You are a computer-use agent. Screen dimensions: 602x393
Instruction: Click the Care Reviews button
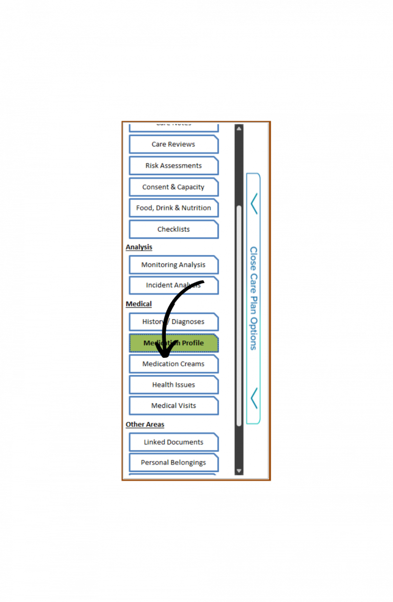(x=173, y=145)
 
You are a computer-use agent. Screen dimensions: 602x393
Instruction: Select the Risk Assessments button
(x=173, y=166)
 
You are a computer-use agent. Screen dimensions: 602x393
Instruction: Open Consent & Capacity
(x=173, y=187)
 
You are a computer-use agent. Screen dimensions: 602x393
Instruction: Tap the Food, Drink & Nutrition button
(x=173, y=208)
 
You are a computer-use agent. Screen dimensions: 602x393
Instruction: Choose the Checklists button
(x=173, y=229)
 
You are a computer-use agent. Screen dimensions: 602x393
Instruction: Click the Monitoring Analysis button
(x=173, y=265)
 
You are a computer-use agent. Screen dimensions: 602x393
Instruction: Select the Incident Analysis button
(x=173, y=285)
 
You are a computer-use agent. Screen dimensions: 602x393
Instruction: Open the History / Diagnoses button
(x=173, y=322)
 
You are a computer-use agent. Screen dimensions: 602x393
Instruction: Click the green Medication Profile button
(x=173, y=343)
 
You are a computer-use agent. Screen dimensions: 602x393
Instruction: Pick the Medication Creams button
(x=173, y=364)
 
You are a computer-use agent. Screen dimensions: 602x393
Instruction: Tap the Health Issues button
(x=173, y=385)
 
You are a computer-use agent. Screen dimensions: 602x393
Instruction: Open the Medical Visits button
(x=173, y=406)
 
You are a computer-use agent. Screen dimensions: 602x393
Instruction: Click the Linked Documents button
(x=173, y=442)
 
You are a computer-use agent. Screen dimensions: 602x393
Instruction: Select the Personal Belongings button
(x=173, y=462)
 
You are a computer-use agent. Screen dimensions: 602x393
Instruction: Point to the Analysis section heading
(x=139, y=247)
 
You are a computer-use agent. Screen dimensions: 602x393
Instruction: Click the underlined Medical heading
(x=139, y=304)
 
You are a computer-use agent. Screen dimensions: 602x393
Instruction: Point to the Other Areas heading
(x=145, y=425)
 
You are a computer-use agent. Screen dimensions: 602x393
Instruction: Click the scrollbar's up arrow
(x=239, y=128)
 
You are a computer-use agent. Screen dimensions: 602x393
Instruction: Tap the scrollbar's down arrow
(x=239, y=471)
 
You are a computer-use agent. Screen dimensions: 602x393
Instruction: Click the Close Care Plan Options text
(x=253, y=298)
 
